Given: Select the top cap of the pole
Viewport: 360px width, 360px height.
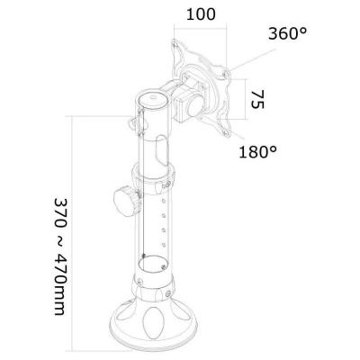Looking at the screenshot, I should click(x=150, y=96).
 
